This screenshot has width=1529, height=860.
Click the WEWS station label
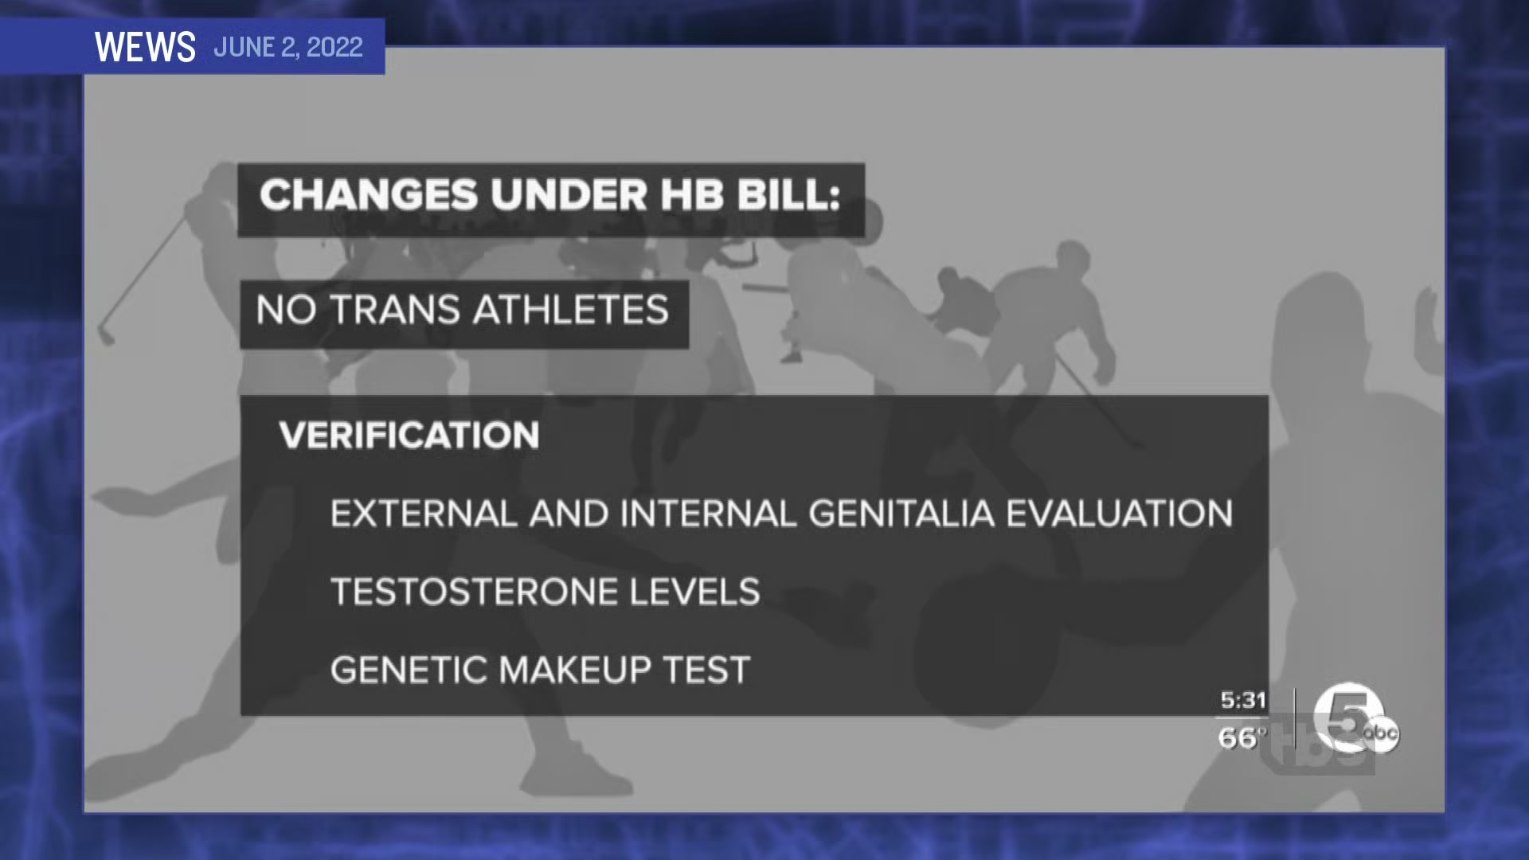tap(145, 47)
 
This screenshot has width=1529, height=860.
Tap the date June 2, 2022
tap(288, 47)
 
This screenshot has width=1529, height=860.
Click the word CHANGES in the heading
tap(369, 195)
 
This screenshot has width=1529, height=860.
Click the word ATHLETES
tap(571, 310)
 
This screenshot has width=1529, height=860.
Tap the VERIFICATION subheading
tap(409, 436)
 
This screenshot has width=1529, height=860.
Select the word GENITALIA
tap(901, 514)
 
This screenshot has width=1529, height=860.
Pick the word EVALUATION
tap(1120, 514)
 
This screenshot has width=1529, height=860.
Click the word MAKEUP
tap(575, 670)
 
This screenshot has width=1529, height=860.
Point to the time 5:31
tap(1243, 701)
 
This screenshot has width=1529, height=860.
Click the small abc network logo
tap(1381, 733)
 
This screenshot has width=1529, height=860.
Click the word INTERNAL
tap(708, 514)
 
